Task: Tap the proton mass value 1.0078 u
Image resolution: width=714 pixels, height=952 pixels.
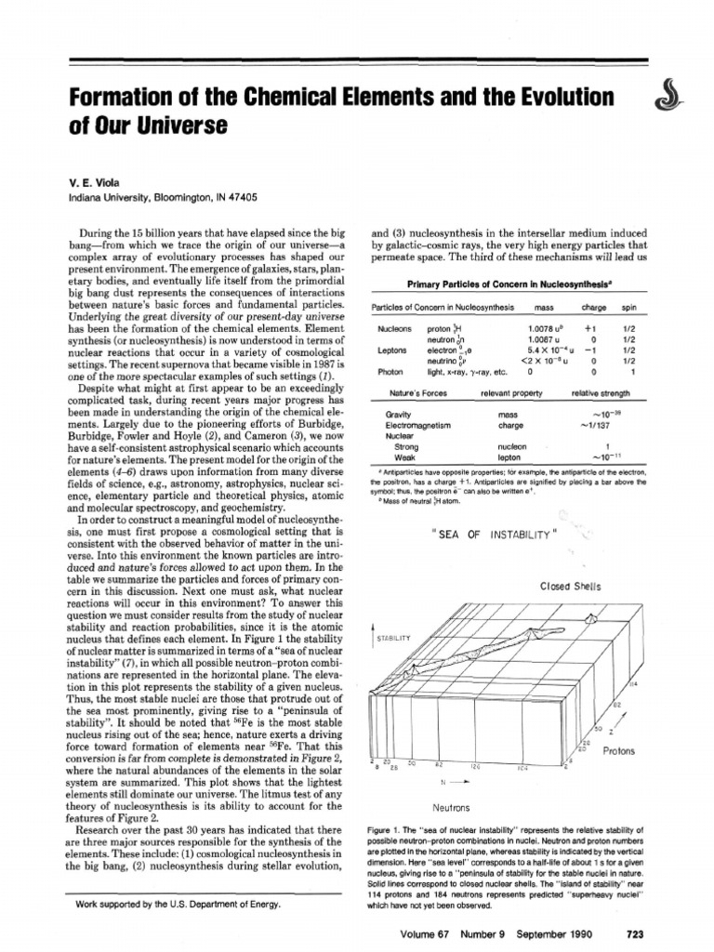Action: pos(548,328)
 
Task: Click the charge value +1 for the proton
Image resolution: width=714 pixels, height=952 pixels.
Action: pos(589,328)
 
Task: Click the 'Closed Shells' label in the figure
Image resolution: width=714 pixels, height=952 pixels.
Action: pos(571,587)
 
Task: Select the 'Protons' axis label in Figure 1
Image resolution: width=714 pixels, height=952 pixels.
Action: pos(622,748)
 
